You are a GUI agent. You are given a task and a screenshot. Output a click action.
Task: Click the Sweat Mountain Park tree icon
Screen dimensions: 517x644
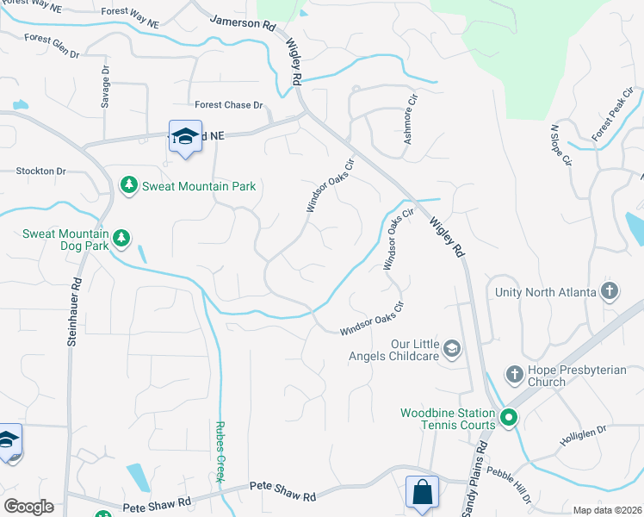[128, 185]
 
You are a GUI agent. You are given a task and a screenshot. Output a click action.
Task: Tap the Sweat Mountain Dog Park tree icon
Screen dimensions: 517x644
[121, 238]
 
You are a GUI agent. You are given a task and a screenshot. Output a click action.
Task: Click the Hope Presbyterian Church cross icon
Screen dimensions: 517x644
[514, 374]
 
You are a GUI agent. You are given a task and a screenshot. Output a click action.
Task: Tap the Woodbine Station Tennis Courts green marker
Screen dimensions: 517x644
[509, 419]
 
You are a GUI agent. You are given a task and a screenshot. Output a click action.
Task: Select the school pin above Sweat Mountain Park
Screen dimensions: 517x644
[185, 137]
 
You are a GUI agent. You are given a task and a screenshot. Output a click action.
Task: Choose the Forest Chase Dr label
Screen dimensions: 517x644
[228, 105]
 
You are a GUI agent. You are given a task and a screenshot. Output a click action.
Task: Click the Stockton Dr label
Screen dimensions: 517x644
[40, 171]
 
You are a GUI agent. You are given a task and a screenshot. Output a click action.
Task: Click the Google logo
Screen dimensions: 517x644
[28, 507]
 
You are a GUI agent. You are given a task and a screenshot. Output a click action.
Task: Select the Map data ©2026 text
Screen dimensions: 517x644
[606, 510]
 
